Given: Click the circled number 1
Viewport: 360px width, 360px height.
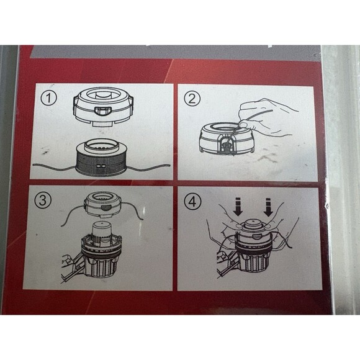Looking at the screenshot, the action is coord(48,98).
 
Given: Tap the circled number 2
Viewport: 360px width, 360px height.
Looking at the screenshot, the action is coord(192,98).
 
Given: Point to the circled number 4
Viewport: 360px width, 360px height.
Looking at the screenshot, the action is coord(192,202).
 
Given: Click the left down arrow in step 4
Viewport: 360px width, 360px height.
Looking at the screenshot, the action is coord(238,207).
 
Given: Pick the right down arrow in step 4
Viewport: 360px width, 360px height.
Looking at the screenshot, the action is coord(268,207).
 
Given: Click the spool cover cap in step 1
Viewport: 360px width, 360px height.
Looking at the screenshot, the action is coord(103,107).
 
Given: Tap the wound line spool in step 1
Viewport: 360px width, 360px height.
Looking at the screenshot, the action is coord(101,158).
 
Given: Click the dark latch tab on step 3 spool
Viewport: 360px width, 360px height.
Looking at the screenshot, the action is coord(106,208).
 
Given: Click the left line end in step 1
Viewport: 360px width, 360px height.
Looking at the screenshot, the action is coord(34,164).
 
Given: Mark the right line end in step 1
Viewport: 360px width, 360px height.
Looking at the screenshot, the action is coord(169,165).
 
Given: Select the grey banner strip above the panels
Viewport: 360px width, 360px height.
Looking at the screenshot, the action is coord(176,53).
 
